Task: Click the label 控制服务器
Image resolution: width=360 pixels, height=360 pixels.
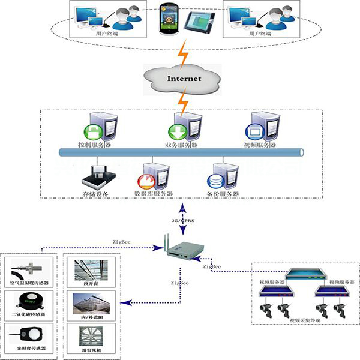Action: point(95,145)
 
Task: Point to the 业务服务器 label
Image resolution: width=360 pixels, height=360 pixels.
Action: point(182,145)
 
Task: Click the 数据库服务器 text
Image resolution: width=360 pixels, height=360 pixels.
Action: point(154,194)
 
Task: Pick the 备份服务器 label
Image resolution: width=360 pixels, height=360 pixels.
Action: point(223,194)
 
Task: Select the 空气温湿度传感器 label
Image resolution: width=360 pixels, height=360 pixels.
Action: point(30,283)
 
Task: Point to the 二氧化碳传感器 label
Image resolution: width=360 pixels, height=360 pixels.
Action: point(30,314)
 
